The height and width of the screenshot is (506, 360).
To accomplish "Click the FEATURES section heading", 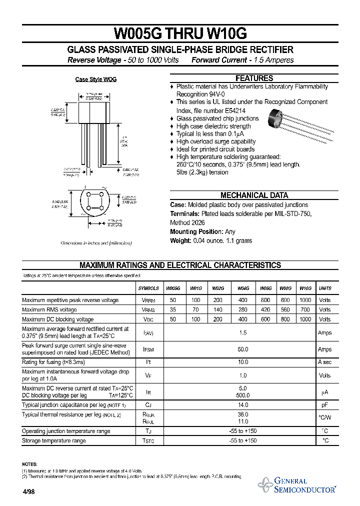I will click(254, 78).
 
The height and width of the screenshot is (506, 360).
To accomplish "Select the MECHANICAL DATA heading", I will click(254, 195).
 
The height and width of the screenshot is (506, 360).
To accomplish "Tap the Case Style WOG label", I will click(96, 79).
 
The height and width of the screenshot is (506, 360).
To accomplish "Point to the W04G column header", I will click(243, 288).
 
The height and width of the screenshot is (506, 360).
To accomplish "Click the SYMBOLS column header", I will click(148, 288).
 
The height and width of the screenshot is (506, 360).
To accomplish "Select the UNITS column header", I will click(325, 288).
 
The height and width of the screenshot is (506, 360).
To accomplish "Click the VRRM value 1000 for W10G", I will click(305, 300).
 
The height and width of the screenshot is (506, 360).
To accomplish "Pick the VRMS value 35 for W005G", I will click(173, 309).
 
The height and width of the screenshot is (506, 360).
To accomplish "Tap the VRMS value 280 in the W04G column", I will click(243, 309).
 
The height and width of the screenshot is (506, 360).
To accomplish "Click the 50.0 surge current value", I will click(243, 349).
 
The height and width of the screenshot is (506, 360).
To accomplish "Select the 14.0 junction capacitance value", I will click(243, 405).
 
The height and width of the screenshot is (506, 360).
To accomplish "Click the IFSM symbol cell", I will click(148, 349).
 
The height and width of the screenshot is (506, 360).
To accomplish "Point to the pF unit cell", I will click(325, 405).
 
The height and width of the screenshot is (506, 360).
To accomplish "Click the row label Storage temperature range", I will click(54, 440).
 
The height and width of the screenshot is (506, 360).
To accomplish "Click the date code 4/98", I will click(28, 491).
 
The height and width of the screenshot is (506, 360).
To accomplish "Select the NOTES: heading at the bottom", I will click(29, 464).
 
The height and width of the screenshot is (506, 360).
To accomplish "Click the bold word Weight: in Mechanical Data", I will click(180, 241).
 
